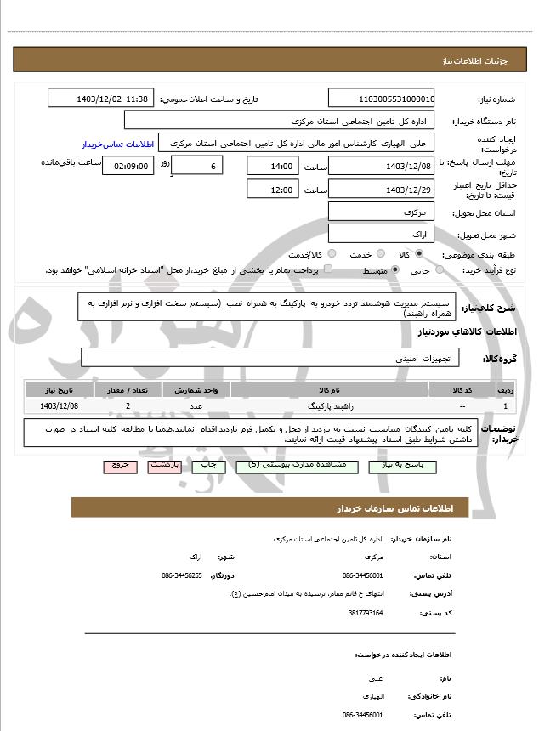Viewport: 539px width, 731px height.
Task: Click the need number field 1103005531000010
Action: tap(381, 99)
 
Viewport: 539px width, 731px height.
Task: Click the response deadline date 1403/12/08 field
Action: tap(381, 166)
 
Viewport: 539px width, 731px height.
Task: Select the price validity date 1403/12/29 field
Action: tap(381, 190)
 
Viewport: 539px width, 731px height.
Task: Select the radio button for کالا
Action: tap(419, 254)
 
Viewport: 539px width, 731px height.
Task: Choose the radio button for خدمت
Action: tap(378, 254)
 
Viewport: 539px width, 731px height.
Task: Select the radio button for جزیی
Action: tap(440, 270)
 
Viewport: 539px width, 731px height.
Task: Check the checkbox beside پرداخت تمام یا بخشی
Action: tap(328, 269)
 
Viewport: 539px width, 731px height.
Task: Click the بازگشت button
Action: tap(163, 466)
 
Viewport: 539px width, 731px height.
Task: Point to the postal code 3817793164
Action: tap(366, 612)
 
